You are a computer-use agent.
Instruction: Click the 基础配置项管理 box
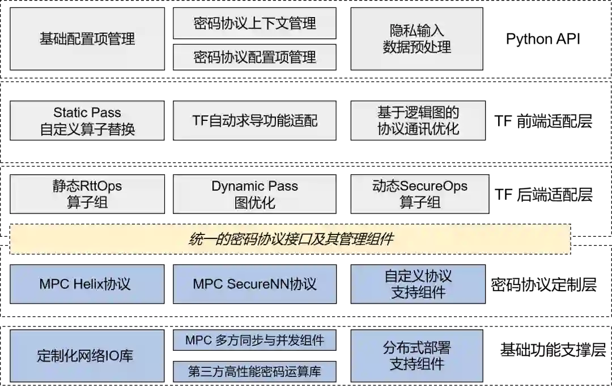pyautogui.click(x=87, y=39)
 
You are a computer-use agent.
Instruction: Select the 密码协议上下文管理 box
pyautogui.click(x=254, y=23)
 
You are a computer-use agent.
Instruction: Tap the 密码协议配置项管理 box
pyautogui.click(x=254, y=57)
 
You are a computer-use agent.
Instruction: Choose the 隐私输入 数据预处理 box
pyautogui.click(x=417, y=39)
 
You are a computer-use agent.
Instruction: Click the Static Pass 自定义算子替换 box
pyautogui.click(x=87, y=120)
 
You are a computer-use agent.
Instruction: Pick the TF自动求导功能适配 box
pyautogui.click(x=254, y=120)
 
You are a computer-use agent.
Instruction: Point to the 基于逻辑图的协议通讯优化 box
pyautogui.click(x=418, y=120)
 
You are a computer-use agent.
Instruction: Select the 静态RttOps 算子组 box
pyautogui.click(x=87, y=194)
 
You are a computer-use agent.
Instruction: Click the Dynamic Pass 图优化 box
pyautogui.click(x=254, y=194)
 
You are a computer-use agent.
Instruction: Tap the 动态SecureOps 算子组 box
pyautogui.click(x=419, y=194)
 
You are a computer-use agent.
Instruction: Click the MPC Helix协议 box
pyautogui.click(x=87, y=284)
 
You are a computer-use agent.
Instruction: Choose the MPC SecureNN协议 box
pyautogui.click(x=254, y=284)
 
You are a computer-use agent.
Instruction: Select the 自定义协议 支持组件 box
pyautogui.click(x=418, y=284)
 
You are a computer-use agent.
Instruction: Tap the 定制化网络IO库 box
pyautogui.click(x=87, y=356)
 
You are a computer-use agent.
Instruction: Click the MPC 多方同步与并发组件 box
pyautogui.click(x=254, y=340)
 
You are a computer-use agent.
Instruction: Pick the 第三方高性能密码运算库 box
pyautogui.click(x=254, y=372)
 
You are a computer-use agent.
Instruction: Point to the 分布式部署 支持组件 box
pyautogui.click(x=417, y=356)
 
